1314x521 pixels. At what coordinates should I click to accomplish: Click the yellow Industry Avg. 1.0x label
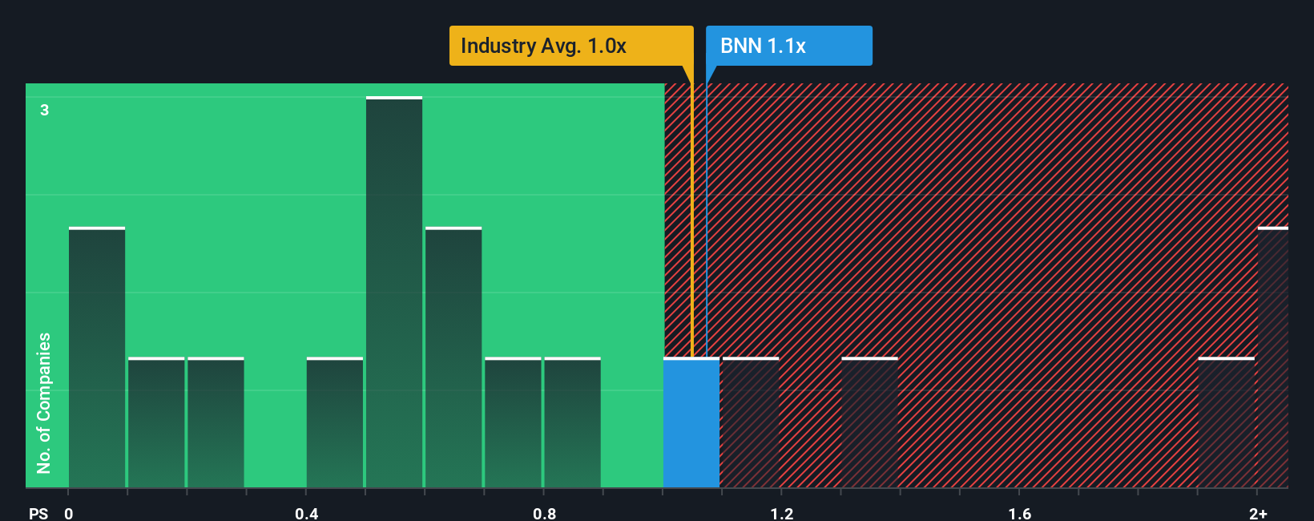[570, 46]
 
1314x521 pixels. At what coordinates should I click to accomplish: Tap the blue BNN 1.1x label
[788, 46]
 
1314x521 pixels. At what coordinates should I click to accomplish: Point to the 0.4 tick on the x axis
[307, 513]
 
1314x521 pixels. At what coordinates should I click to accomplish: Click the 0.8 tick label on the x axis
[545, 513]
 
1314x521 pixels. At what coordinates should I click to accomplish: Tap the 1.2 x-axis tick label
[782, 513]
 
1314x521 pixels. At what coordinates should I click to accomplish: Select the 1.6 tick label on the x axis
[1020, 513]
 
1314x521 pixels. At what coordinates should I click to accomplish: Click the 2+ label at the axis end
[1258, 513]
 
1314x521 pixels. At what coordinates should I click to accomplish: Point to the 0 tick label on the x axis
[69, 513]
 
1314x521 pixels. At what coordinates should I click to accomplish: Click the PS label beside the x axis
[38, 513]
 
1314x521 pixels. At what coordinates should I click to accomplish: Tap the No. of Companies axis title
[44, 402]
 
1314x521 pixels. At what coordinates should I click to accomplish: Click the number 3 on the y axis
[45, 110]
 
